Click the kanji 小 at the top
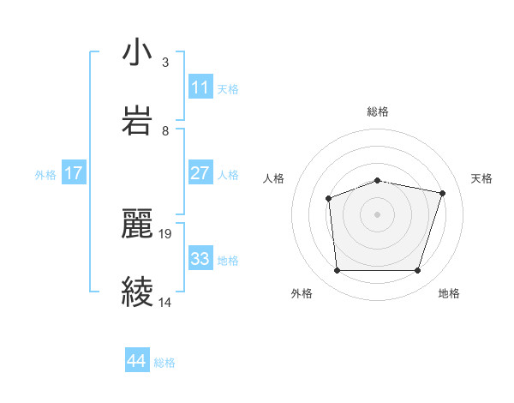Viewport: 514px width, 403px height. pos(137,53)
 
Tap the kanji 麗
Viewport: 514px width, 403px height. pos(137,225)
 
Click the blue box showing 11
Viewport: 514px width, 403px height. pos(200,87)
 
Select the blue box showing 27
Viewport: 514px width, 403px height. pos(200,173)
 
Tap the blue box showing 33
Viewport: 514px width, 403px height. pos(200,259)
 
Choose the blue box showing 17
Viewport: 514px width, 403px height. pos(73,173)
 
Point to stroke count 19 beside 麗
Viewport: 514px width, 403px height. pos(166,233)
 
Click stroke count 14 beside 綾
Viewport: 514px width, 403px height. pos(166,302)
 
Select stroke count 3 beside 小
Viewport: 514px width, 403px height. pos(165,62)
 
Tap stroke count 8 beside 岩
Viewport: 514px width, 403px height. pos(165,130)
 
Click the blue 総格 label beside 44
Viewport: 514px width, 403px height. pos(164,363)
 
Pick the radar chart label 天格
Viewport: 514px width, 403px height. pos(481,178)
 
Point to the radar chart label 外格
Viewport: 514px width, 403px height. pos(302,293)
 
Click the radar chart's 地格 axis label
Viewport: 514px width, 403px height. pos(449,293)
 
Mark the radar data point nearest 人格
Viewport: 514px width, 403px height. pos(329,199)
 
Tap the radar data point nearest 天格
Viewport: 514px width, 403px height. pos(442,193)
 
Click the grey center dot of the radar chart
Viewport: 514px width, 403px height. pos(377,214)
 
